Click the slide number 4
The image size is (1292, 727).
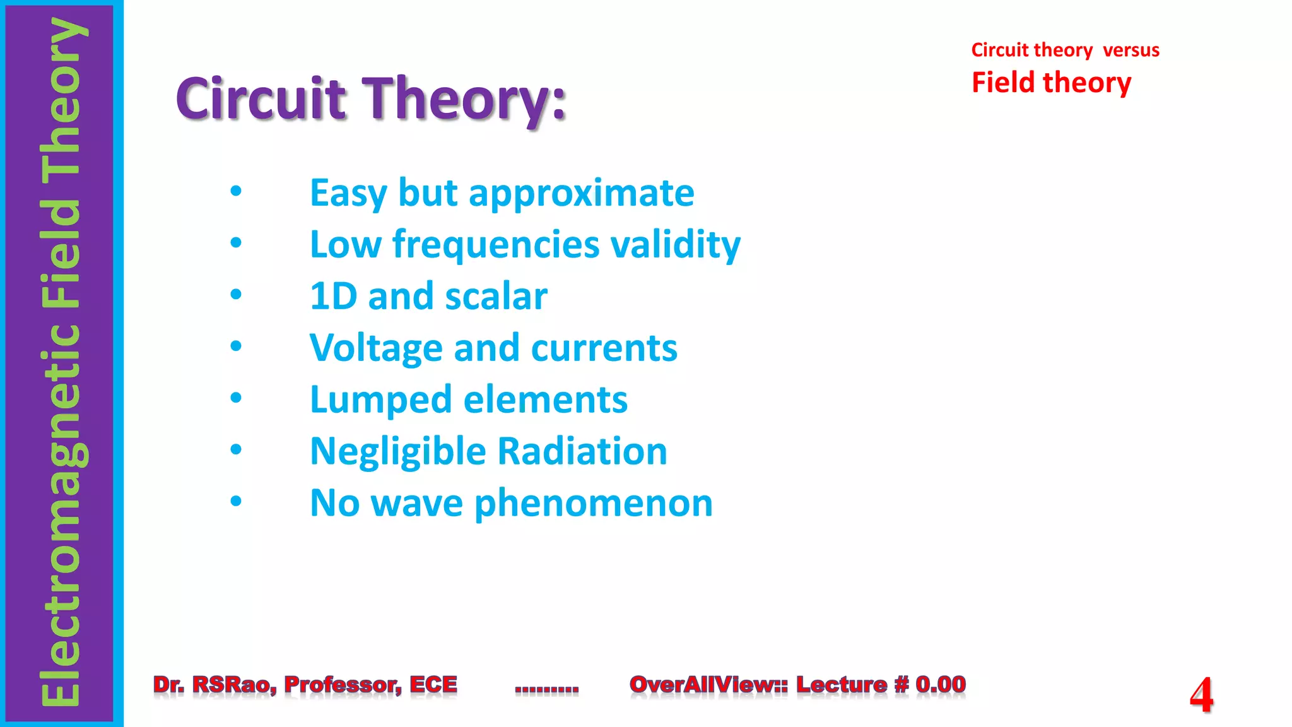1201,695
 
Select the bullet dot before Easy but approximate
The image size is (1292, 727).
236,191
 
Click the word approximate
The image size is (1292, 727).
581,194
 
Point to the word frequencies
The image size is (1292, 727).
496,245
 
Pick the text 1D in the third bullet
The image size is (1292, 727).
334,296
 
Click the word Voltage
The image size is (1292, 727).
376,348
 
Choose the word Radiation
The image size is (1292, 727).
582,451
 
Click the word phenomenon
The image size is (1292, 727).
594,504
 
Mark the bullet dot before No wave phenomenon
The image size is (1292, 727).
236,502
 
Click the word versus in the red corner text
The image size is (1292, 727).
1131,50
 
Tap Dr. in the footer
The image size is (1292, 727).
168,684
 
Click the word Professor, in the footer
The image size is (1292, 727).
343,684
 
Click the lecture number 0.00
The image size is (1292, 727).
940,684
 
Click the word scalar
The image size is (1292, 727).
496,297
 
